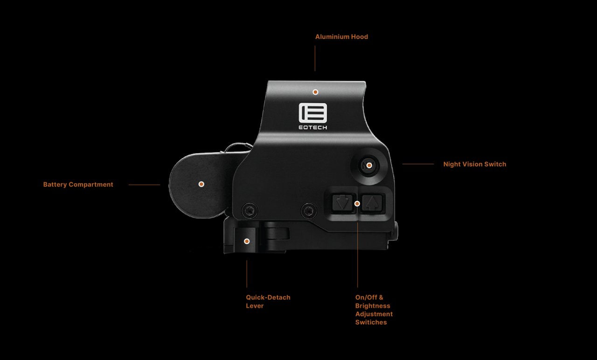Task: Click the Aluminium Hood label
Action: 341,37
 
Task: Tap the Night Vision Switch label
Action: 475,164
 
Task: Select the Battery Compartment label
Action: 78,184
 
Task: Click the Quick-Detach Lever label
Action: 268,301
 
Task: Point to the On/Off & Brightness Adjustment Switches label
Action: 374,310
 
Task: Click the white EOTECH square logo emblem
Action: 313,113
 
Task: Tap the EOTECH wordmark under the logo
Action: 313,127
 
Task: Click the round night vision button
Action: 369,166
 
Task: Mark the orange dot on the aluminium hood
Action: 315,92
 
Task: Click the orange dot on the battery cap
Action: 201,184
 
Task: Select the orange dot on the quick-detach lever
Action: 247,241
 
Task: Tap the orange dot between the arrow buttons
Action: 357,204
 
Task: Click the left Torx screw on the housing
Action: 250,210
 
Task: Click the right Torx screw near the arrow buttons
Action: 309,211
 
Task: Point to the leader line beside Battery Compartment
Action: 144,185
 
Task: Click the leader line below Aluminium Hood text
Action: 315,58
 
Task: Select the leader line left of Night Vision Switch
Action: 418,164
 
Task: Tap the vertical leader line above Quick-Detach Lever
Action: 247,274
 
